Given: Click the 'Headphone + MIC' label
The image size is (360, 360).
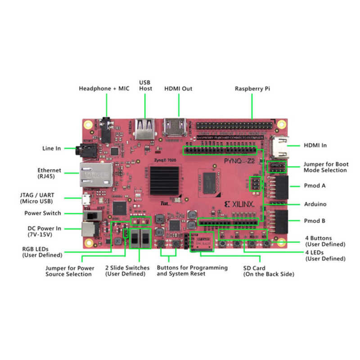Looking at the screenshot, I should point(104,88).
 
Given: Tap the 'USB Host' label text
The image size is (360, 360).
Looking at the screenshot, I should point(145,85).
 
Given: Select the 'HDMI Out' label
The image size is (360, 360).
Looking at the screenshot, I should point(178,89).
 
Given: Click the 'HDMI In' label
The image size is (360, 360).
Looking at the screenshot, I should point(316,145).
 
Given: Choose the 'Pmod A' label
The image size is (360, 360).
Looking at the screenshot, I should point(315,185).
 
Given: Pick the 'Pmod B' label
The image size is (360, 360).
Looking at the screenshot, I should point(315,221).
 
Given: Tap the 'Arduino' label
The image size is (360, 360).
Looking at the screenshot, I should point(315,204).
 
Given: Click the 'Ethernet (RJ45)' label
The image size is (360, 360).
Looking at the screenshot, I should point(49,173).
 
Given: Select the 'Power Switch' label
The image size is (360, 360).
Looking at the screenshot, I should point(43,213).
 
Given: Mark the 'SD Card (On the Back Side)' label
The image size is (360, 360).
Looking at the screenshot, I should point(269,271).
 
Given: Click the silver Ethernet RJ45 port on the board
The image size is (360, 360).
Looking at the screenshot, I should point(95,173).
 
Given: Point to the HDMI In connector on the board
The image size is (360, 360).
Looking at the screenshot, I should point(279,146).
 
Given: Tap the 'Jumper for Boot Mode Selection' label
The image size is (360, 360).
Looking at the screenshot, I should point(326,167).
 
